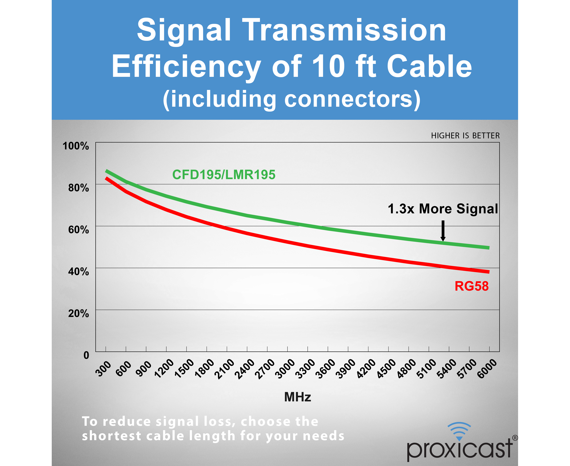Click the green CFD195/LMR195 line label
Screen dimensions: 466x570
(224, 175)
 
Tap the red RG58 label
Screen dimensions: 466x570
(471, 286)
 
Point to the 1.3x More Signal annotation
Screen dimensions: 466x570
(443, 209)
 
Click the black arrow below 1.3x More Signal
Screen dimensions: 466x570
(443, 231)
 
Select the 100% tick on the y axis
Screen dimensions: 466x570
(76, 146)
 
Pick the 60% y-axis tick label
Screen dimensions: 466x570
(79, 230)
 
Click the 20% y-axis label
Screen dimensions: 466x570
(79, 313)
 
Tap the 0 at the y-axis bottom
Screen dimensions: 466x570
(86, 355)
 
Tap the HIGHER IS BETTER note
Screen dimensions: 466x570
(465, 136)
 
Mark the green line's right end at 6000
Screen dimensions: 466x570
(489, 248)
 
